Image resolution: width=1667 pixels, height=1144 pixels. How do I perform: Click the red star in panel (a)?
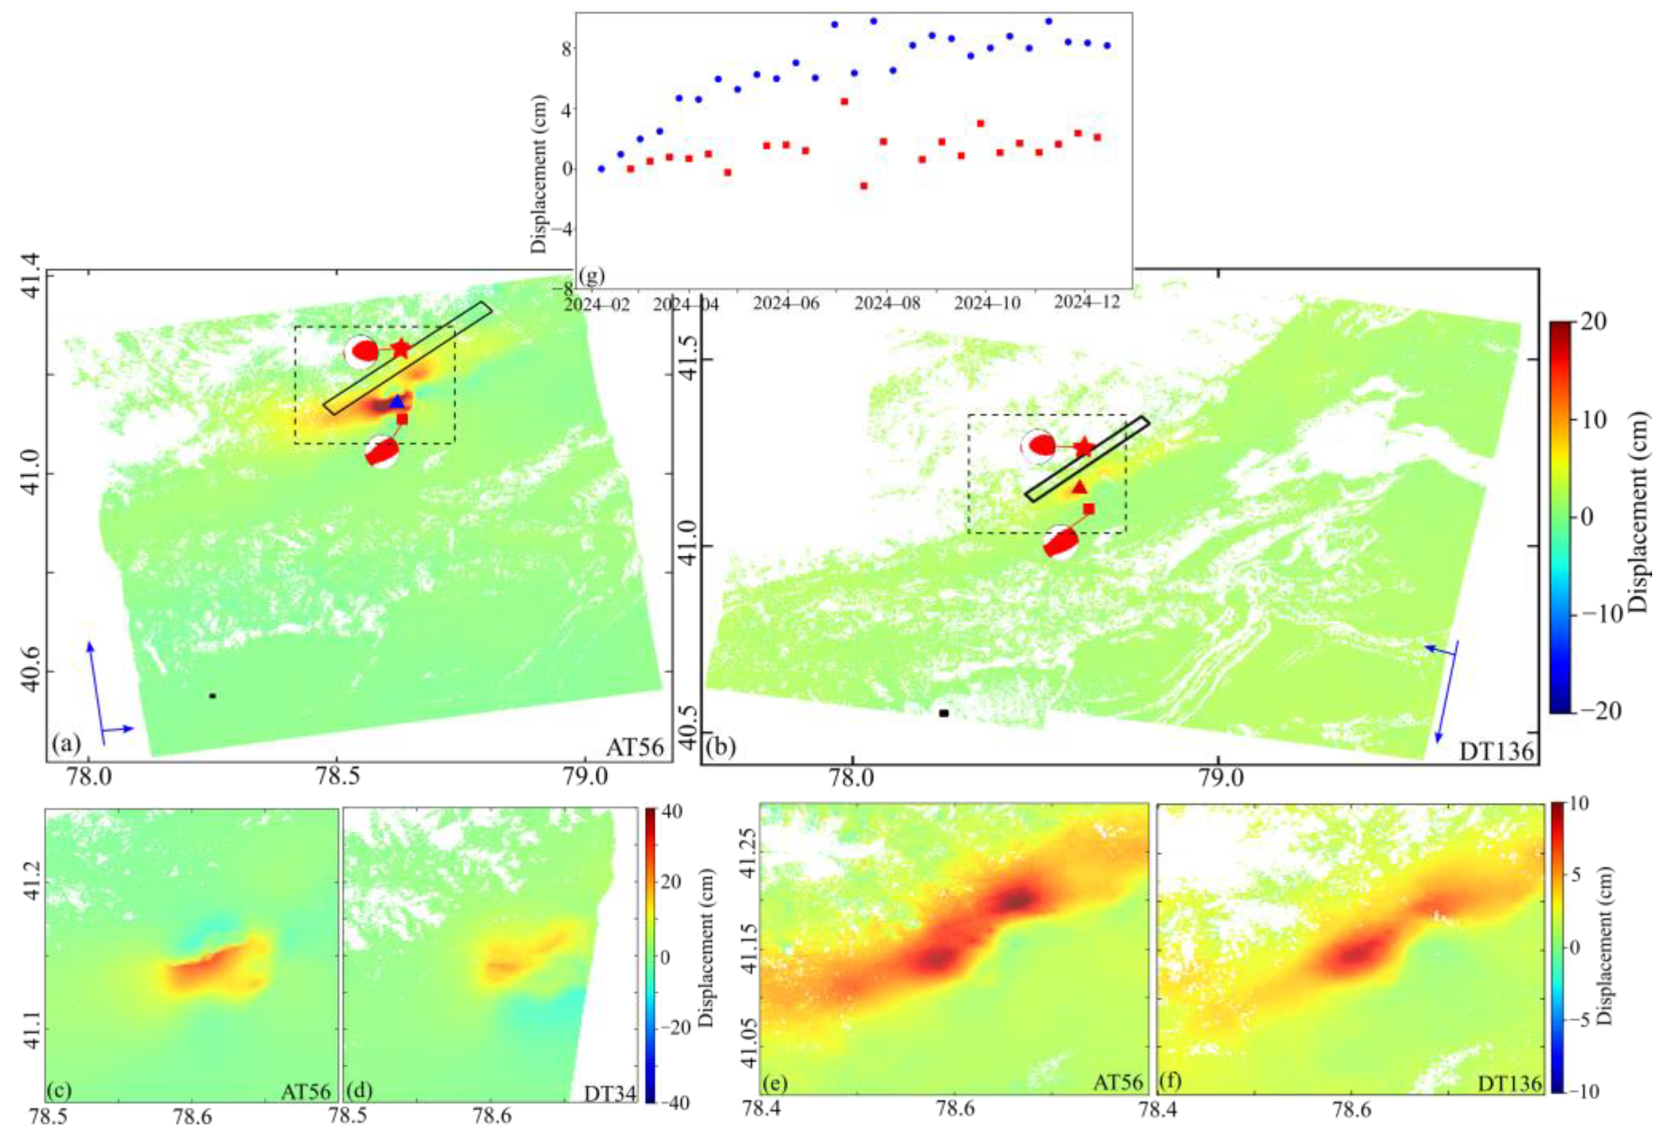pos(400,349)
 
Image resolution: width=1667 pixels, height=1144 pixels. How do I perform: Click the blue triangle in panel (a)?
pos(397,402)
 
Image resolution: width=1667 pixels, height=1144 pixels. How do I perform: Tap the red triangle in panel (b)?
pos(1079,487)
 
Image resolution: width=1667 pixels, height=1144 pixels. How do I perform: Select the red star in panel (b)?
pos(1084,448)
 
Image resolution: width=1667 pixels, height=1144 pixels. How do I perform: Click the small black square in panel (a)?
pos(212,695)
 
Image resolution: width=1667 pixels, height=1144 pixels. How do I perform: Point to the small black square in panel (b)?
pos(944,713)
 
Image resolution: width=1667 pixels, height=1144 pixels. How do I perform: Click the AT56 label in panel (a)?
pos(635,748)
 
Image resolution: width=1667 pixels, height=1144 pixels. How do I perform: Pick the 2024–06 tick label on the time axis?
pos(786,304)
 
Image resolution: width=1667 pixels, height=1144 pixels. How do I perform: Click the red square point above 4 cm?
pos(844,101)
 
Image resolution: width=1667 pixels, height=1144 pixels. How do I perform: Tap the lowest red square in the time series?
pos(864,186)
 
